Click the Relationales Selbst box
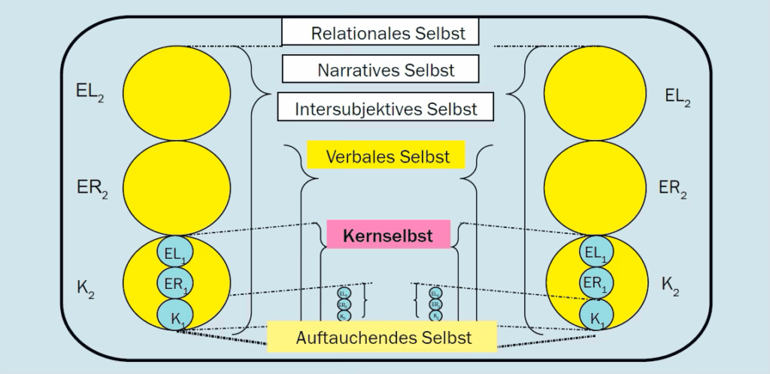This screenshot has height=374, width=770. (380, 32)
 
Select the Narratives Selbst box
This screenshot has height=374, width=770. (380, 70)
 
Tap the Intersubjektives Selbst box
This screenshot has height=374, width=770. (387, 108)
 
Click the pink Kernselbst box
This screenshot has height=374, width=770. (388, 236)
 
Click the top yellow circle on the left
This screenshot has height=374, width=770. (177, 93)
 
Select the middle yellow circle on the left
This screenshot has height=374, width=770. (177, 187)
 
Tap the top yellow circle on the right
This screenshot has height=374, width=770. (596, 93)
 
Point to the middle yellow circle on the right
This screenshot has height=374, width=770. (596, 187)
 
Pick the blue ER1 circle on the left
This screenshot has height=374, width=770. (175, 284)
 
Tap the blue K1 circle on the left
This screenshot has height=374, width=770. (175, 315)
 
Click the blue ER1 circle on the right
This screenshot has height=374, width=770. (596, 284)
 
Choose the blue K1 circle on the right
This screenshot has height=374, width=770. (596, 315)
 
